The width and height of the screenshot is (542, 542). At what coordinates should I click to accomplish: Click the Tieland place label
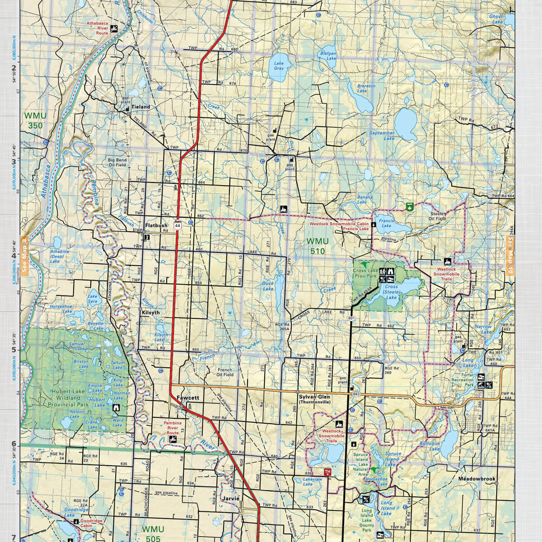coord(140,107)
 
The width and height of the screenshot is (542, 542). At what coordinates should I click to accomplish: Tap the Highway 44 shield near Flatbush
coord(178,225)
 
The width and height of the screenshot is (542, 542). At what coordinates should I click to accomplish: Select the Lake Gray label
coord(279,65)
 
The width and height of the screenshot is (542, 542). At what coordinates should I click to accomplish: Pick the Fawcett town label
coord(188,398)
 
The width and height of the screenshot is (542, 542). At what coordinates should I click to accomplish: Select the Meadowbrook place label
coord(477,479)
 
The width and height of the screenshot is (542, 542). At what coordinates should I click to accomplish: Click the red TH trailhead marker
coord(328,472)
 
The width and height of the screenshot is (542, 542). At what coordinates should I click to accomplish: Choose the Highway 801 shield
coord(351,318)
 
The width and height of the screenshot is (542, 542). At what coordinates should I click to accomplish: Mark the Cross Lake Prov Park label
coord(364,273)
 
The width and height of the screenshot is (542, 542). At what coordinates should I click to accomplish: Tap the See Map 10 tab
coord(511,262)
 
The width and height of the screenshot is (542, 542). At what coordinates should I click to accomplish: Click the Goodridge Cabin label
coord(92,523)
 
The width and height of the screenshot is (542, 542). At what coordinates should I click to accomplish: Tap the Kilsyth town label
coord(151,312)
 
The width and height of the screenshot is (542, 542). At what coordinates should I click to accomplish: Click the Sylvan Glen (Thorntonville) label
coord(314,399)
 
